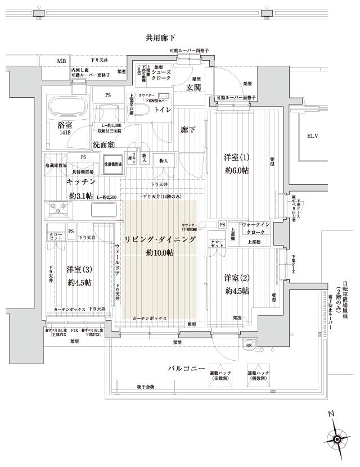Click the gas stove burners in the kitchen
click(x=58, y=210)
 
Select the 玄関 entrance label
click(x=195, y=87)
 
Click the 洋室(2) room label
click(x=236, y=278)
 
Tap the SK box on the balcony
click(x=248, y=345)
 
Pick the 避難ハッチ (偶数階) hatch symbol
click(x=256, y=377)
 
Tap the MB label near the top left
click(x=60, y=61)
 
